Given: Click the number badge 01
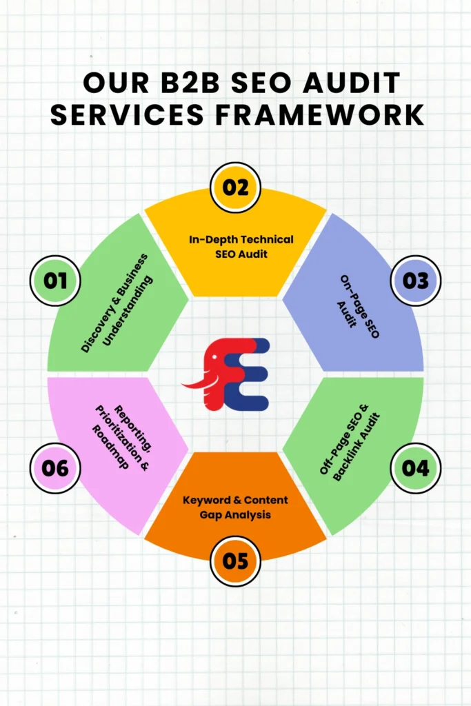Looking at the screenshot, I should point(55,281).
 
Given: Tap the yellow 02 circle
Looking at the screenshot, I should point(235,187).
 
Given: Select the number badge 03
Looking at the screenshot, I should point(415,281).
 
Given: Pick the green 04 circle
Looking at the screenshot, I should point(415,468).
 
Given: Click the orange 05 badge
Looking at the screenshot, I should point(235,561).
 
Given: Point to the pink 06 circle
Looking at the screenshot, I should point(55,468).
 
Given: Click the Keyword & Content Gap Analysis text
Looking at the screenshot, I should point(235,507).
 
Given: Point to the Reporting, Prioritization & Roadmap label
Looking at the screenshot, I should point(117,436).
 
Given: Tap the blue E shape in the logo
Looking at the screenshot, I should point(252,376).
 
